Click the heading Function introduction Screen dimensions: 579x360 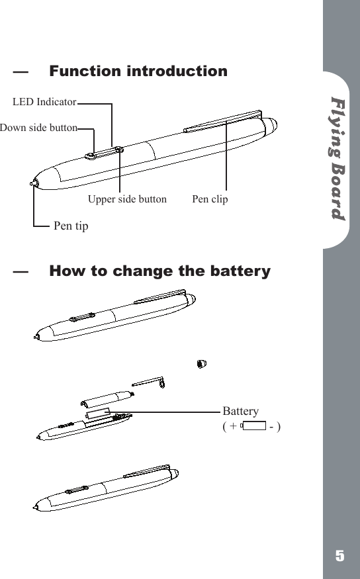click(138, 71)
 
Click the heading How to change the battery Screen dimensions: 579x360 click(159, 271)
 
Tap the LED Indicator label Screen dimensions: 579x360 click(44, 102)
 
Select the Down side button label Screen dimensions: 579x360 click(38, 128)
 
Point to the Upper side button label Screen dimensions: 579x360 click(127, 199)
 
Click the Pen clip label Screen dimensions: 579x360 click(210, 199)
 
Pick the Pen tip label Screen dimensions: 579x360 click(70, 226)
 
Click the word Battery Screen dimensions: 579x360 click(241, 411)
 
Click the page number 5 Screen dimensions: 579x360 click(339, 556)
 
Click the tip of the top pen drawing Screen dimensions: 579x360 click(34, 183)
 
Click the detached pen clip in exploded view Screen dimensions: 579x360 click(149, 382)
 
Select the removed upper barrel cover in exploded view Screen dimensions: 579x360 click(106, 399)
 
